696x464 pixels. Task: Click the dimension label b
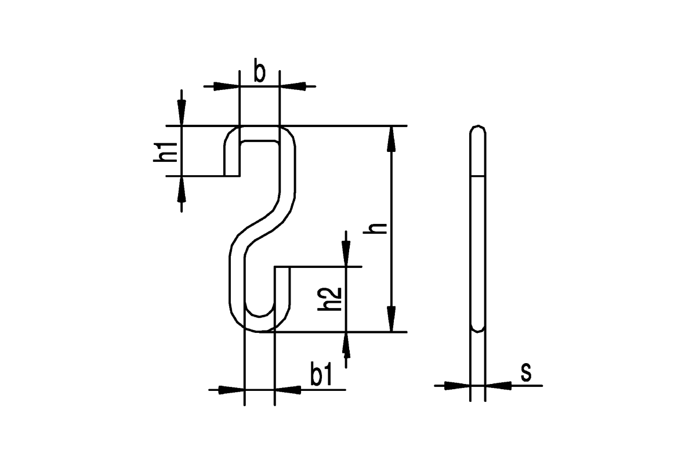(260, 70)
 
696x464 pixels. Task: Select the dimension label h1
(165, 153)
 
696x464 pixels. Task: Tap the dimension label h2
(329, 299)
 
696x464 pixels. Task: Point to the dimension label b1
(321, 374)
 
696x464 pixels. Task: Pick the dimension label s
(526, 372)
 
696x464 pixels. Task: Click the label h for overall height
(375, 229)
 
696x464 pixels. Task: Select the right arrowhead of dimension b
(293, 86)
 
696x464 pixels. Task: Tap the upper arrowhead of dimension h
(391, 139)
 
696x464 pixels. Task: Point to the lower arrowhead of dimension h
(391, 319)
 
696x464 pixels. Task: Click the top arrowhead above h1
(182, 113)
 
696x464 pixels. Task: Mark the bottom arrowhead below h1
(182, 189)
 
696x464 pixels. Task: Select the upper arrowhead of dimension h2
(346, 254)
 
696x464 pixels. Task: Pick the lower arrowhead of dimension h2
(346, 345)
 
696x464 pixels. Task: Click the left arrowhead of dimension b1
(231, 390)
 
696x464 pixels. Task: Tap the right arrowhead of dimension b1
(288, 390)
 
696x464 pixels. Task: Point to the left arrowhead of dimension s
(458, 386)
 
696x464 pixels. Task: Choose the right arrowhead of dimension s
(498, 386)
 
